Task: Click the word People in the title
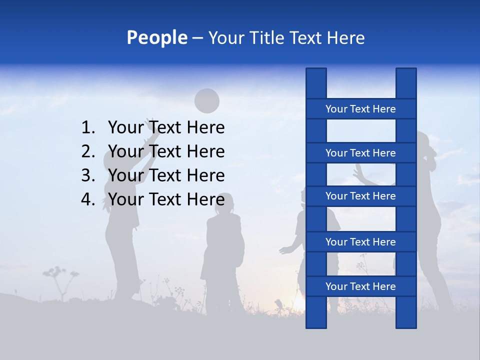pyautogui.click(x=156, y=37)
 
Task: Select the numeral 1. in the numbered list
pyautogui.click(x=88, y=128)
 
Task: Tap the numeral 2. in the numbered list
pyautogui.click(x=88, y=151)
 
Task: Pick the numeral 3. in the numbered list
pyautogui.click(x=88, y=175)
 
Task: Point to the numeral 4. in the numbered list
pyautogui.click(x=88, y=199)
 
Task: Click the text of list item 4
pyautogui.click(x=166, y=199)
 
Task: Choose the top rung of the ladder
pyautogui.click(x=360, y=109)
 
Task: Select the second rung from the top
pyautogui.click(x=360, y=153)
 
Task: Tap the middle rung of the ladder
pyautogui.click(x=360, y=196)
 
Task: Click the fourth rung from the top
pyautogui.click(x=360, y=242)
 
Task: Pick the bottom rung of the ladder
pyautogui.click(x=360, y=286)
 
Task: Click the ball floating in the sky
pyautogui.click(x=206, y=101)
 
